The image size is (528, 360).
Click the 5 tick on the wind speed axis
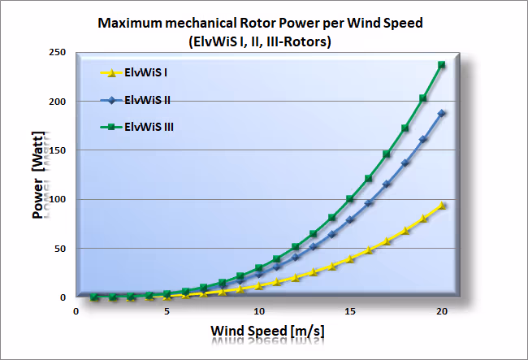167,311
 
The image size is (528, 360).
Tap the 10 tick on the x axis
258,311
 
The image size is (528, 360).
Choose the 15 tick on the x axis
350,311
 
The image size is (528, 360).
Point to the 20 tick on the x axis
442,311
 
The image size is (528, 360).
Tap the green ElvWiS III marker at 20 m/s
442,64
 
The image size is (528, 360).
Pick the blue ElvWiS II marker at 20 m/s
442,113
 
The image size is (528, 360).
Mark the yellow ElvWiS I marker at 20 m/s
442,206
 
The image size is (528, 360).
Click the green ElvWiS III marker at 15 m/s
350,198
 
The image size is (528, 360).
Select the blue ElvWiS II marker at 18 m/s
405,163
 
